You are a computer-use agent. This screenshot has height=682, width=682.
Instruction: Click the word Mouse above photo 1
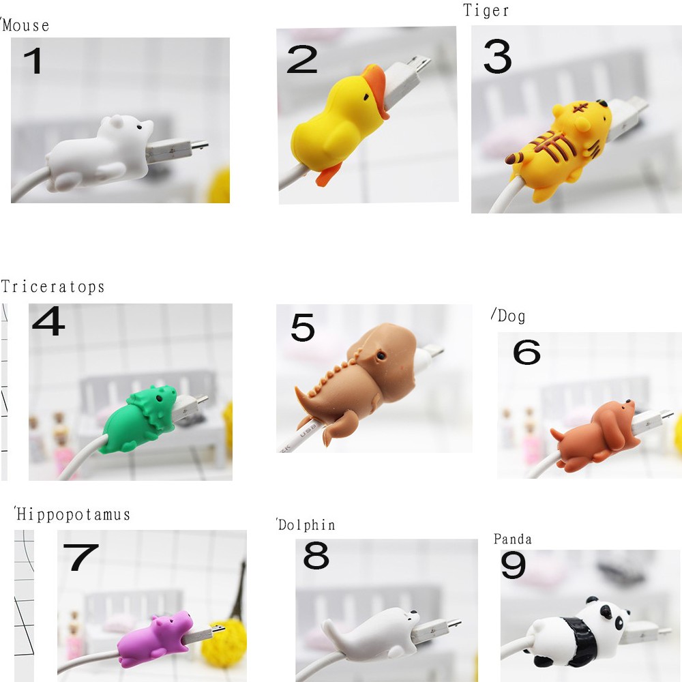(26, 25)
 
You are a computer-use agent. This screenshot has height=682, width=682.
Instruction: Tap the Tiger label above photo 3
(486, 10)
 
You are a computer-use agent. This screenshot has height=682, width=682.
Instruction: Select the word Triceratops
(53, 287)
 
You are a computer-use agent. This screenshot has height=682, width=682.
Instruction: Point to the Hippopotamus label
(73, 514)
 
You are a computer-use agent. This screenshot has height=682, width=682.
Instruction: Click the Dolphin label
(307, 525)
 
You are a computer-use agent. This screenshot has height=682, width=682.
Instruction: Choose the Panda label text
(512, 539)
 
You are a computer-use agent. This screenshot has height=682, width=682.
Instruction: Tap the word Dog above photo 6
(511, 316)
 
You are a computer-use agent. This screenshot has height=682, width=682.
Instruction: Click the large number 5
(303, 327)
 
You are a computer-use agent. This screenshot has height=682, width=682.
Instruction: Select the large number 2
(302, 59)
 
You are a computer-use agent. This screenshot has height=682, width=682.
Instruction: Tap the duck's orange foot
(327, 176)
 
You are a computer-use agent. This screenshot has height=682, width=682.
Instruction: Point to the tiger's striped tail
(515, 158)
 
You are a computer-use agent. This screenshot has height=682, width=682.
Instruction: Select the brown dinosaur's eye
(381, 356)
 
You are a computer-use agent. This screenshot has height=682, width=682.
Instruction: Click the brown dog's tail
(558, 434)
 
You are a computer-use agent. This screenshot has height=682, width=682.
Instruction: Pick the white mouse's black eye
(139, 127)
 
